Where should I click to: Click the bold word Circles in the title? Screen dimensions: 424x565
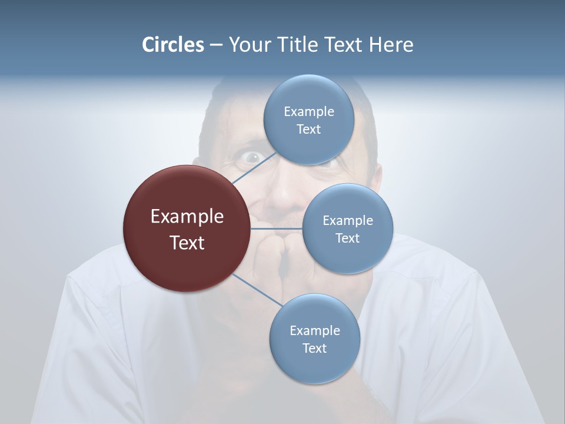pyautogui.click(x=173, y=45)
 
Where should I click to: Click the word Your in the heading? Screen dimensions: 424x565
pyautogui.click(x=248, y=45)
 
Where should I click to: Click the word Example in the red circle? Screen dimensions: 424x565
pyautogui.click(x=187, y=216)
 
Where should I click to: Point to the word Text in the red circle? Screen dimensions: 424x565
pyautogui.click(x=187, y=242)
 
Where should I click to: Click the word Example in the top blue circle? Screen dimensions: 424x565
pyautogui.click(x=308, y=111)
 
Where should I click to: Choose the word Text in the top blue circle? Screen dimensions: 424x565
pyautogui.click(x=308, y=129)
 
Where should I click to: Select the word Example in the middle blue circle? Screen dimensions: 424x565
pyautogui.click(x=347, y=220)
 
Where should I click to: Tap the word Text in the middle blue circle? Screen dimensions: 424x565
pyautogui.click(x=347, y=238)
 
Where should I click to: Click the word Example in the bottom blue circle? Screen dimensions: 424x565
pyautogui.click(x=314, y=330)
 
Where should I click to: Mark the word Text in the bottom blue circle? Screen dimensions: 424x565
pyautogui.click(x=314, y=348)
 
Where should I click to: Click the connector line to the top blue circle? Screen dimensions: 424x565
pyautogui.click(x=254, y=168)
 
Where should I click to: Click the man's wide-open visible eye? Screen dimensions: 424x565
pyautogui.click(x=251, y=157)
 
